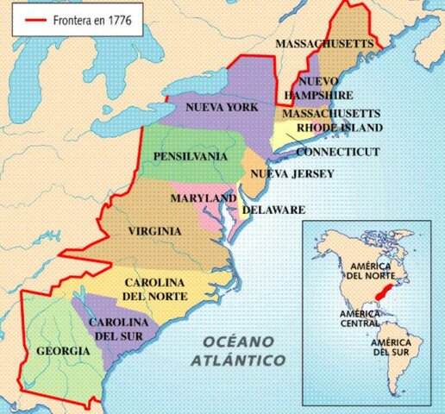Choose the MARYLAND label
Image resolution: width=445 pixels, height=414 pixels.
point(204,198)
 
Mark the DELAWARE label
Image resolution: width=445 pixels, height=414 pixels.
point(273,210)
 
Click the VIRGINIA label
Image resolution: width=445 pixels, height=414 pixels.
point(155,231)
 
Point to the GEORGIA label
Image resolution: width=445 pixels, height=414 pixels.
point(63,351)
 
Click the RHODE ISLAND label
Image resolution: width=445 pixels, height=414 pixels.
point(339,128)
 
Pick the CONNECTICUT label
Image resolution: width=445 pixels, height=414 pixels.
point(338,151)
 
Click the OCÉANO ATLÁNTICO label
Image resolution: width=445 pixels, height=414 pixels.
point(242,350)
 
